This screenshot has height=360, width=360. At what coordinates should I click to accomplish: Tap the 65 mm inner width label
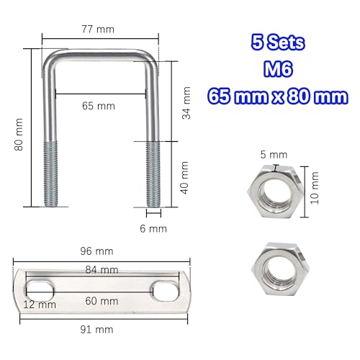[99, 106]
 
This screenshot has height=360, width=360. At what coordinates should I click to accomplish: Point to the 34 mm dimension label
[186, 102]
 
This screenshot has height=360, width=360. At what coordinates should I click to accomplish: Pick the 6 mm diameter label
[154, 228]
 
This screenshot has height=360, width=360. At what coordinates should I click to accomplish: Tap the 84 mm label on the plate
[102, 269]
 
